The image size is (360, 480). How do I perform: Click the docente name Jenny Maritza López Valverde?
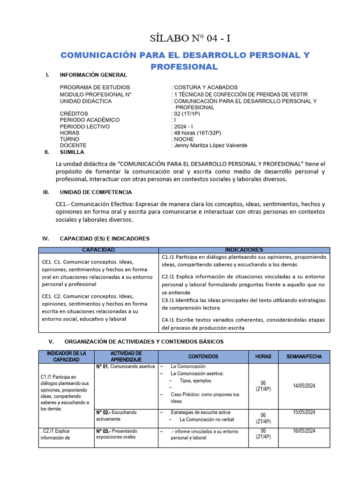[x=210, y=145]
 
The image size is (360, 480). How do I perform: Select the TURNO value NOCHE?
[x=184, y=139]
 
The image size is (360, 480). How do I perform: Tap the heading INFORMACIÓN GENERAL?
[x=93, y=75]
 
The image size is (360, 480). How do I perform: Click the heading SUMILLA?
[x=72, y=152]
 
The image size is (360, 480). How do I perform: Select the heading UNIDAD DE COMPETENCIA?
[x=96, y=192]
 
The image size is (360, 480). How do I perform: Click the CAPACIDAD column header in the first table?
[x=98, y=250]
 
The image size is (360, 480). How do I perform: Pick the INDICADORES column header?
[x=244, y=250]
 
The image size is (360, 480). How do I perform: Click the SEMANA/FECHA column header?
[x=304, y=356]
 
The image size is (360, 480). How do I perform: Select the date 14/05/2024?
[x=304, y=386]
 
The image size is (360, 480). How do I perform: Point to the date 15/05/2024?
[x=304, y=412]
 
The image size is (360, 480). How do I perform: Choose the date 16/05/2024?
[x=304, y=431]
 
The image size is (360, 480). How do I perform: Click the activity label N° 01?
[x=103, y=367]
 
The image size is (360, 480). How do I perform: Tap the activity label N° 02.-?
[x=104, y=412]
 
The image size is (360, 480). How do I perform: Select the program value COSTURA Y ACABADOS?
[x=206, y=87]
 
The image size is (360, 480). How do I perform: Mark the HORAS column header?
[x=263, y=356]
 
